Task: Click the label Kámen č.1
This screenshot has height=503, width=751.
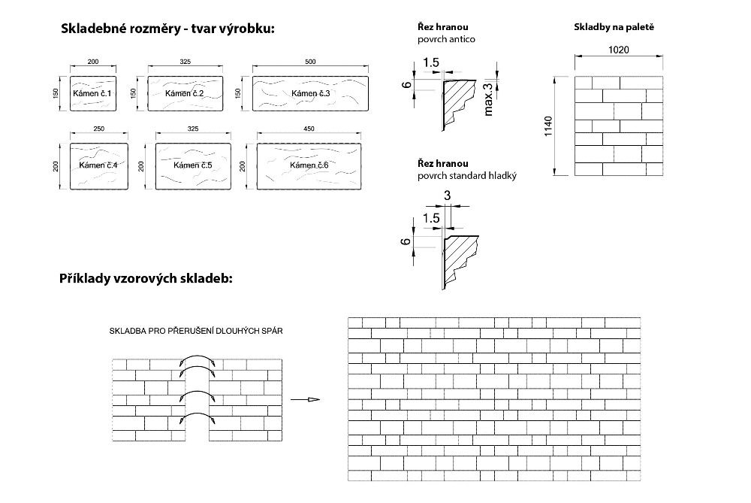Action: coord(92,93)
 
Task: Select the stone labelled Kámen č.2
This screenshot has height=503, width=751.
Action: coord(185,93)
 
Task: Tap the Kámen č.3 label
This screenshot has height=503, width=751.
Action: coord(311,93)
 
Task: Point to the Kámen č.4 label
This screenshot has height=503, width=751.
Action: coord(98,165)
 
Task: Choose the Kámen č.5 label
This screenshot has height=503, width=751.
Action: coord(192,165)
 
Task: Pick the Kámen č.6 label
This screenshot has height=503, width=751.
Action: coord(309,165)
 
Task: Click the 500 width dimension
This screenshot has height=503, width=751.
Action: coord(310,62)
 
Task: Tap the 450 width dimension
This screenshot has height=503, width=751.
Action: coord(309,129)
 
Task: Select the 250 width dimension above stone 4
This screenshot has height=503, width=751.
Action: coord(98,129)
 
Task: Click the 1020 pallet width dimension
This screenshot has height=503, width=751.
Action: coord(619,50)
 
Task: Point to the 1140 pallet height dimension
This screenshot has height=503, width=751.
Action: coord(548,126)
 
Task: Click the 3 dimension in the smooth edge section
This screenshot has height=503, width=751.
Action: coord(448,195)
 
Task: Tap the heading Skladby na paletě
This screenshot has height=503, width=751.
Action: coord(614,27)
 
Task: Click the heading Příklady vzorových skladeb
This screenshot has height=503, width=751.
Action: coord(146,279)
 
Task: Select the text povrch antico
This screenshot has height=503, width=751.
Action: coord(446,39)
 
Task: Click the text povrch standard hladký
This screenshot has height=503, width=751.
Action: coord(467,176)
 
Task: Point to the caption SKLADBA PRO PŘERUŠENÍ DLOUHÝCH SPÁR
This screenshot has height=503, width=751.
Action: coord(196,331)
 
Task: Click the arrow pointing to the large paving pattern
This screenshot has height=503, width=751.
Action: coord(305,399)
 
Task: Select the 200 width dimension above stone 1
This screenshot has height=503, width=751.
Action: coord(93,62)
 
